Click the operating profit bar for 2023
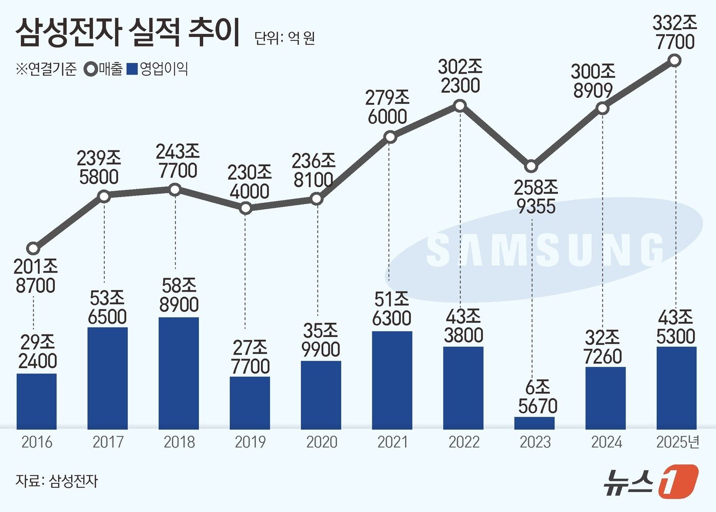click(534, 423)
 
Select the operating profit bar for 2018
click(178, 373)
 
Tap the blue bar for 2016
click(36, 401)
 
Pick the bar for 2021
click(392, 380)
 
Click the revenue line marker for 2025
click(675, 61)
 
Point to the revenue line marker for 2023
click(531, 166)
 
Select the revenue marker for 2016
click(33, 249)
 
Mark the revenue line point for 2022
click(460, 106)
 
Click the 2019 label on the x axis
click(250, 442)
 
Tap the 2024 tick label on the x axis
click(606, 442)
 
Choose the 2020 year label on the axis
click(321, 442)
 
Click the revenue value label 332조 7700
click(675, 33)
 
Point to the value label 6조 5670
click(537, 397)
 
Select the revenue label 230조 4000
click(249, 182)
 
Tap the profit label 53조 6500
click(107, 307)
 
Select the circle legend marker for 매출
click(92, 69)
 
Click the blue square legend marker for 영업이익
click(132, 69)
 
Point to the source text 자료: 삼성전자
click(56, 481)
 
